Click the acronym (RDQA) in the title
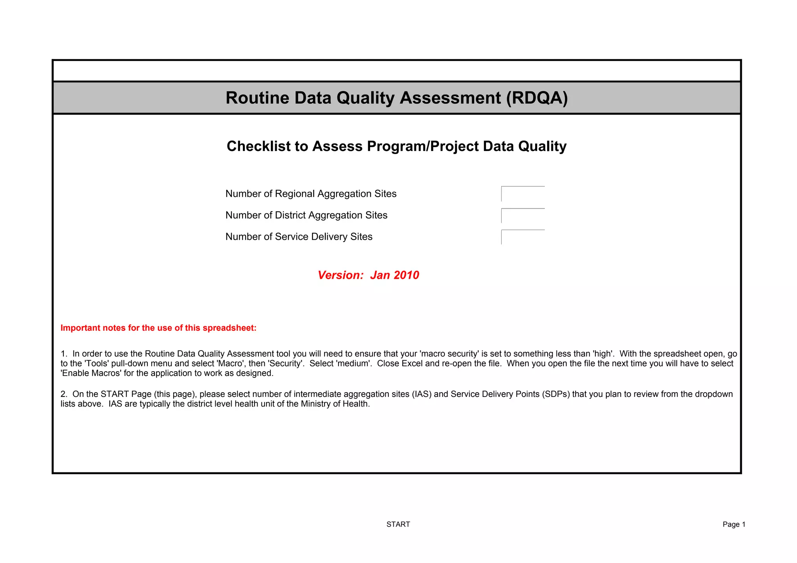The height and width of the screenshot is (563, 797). [x=537, y=98]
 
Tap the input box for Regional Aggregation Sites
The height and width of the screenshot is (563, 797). [x=523, y=194]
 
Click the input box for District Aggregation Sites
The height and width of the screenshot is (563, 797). [x=523, y=216]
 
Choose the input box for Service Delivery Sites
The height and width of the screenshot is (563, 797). [x=523, y=237]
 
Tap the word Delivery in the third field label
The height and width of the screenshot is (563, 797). [x=329, y=237]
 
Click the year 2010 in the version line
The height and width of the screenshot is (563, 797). [x=406, y=275]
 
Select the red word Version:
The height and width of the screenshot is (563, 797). [x=341, y=275]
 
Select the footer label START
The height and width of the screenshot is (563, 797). [x=398, y=524]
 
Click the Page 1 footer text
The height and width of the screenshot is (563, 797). [x=734, y=524]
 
